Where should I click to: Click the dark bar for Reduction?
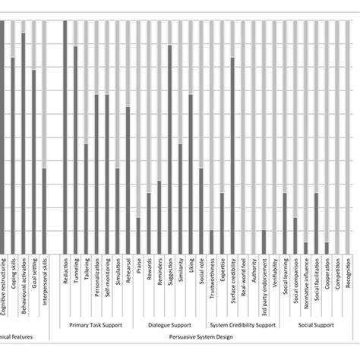(x=65, y=137)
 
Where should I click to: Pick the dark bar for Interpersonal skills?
(x=44, y=212)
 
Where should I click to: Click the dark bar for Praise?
(x=138, y=236)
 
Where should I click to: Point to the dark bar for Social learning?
(x=285, y=224)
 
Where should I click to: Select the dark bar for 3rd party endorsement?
(x=264, y=243)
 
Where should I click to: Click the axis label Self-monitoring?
(x=107, y=280)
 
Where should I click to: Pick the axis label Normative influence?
(x=305, y=284)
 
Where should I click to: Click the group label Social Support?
(x=315, y=324)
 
